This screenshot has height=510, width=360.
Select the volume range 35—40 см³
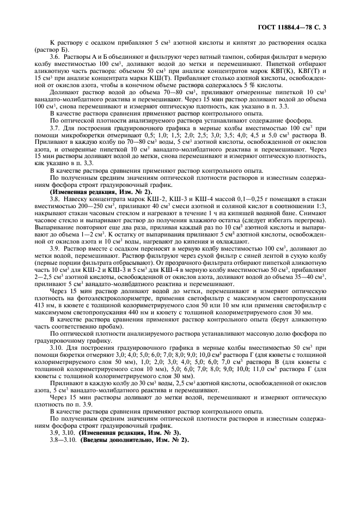click(309, 277)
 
